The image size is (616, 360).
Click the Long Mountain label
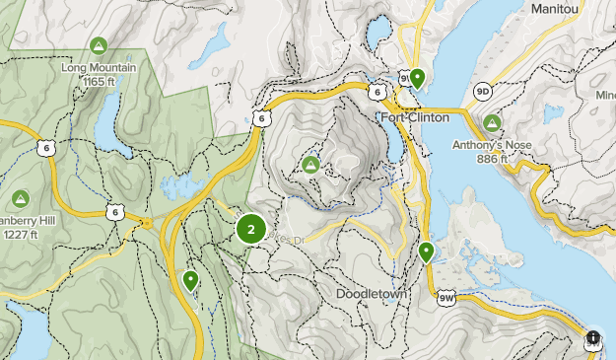pos(98,68)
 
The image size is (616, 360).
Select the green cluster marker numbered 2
pos(251,230)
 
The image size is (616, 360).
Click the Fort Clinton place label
pos(415,117)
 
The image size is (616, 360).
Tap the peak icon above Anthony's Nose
pos(492,123)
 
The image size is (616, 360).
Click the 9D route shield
pos(482,91)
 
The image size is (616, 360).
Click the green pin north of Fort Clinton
pos(417,77)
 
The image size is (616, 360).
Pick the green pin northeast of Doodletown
pos(426,252)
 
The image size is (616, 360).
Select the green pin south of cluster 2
pos(190,280)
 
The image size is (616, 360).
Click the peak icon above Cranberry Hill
pos(21,197)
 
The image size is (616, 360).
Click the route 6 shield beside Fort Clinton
pos(377,92)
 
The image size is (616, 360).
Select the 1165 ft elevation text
pos(98,81)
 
